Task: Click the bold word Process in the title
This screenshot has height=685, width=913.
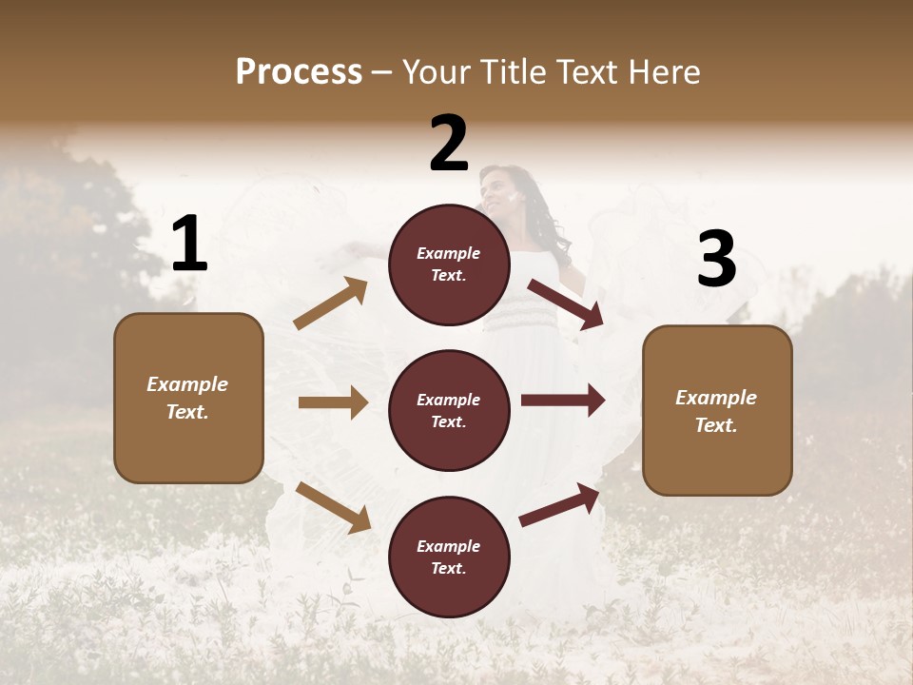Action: tap(299, 72)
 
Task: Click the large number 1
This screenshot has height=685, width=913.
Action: tap(189, 245)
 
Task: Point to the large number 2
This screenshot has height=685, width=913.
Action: tap(449, 144)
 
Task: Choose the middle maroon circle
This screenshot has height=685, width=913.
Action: tap(449, 410)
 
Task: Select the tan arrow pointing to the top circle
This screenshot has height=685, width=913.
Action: tap(331, 303)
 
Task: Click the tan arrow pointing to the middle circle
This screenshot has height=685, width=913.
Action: tap(333, 402)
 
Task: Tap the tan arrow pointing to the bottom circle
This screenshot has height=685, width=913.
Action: tap(333, 507)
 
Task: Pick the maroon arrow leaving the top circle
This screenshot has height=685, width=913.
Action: tap(566, 304)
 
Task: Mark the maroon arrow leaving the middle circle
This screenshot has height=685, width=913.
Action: tap(563, 401)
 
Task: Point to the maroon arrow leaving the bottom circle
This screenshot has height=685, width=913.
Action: tap(559, 504)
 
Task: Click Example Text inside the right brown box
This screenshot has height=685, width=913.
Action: tap(716, 411)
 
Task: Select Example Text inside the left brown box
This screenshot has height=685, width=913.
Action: tap(187, 398)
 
